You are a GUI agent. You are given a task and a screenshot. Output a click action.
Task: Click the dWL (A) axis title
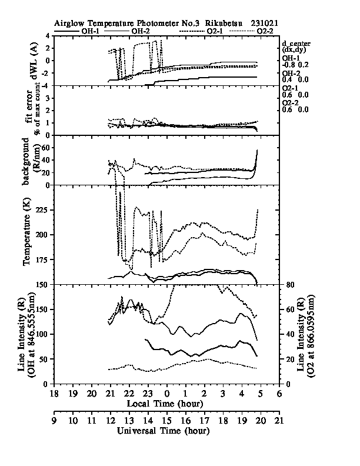pos(34,61)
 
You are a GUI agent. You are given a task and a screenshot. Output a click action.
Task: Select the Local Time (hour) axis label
pos(165,403)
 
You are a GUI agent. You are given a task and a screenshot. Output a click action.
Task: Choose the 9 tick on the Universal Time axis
pos(54,420)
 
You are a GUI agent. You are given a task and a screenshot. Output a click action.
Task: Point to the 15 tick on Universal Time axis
pos(166,420)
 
